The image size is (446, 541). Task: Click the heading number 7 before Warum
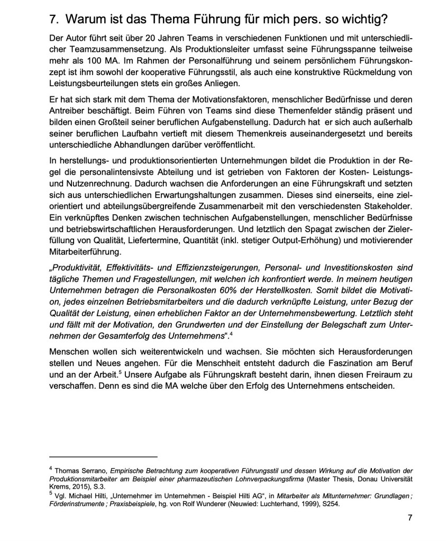coord(52,21)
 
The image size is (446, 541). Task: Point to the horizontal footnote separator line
coord(103,456)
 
